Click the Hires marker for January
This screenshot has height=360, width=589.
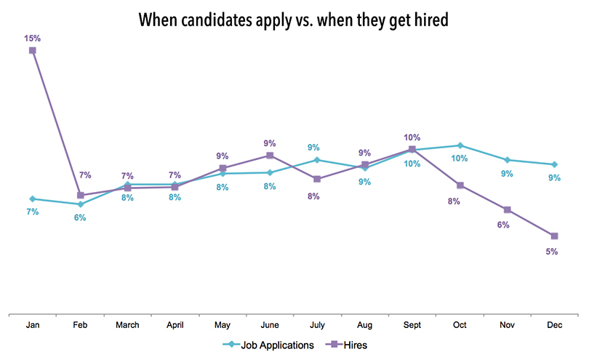(x=33, y=50)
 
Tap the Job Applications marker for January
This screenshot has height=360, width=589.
(x=33, y=199)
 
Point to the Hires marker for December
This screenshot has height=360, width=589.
(x=555, y=236)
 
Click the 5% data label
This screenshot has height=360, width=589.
(x=551, y=252)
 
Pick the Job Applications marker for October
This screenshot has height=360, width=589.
(x=460, y=145)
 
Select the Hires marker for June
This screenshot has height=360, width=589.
(x=270, y=155)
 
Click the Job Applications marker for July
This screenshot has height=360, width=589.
(x=317, y=160)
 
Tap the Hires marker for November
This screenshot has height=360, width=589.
(x=508, y=209)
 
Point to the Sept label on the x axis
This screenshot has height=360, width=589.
(x=412, y=325)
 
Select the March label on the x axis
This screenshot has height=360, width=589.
(x=127, y=325)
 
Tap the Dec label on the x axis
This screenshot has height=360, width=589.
(x=555, y=325)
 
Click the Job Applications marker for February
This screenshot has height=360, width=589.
(x=80, y=204)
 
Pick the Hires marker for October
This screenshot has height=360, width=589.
(x=460, y=185)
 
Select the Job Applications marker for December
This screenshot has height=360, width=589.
(x=555, y=164)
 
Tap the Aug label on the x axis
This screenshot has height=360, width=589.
(x=365, y=325)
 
